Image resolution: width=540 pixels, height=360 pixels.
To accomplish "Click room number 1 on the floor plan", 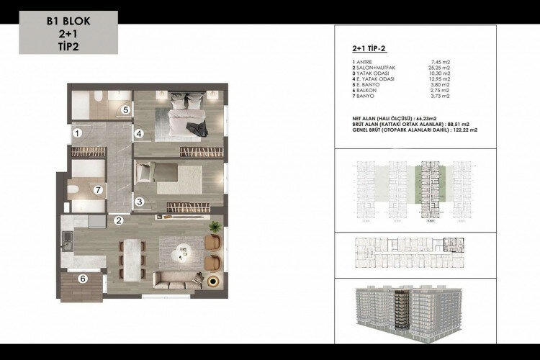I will pos(76,132).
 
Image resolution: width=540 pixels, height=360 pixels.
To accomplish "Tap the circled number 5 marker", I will pos(125,109).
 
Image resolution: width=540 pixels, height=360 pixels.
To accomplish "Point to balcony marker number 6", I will pos(83,279).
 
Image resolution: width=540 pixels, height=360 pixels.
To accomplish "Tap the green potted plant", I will pos(214,228).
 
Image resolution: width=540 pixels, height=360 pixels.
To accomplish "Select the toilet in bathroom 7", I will pos(76,189).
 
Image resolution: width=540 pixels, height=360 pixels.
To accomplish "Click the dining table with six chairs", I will pos(132,256).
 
